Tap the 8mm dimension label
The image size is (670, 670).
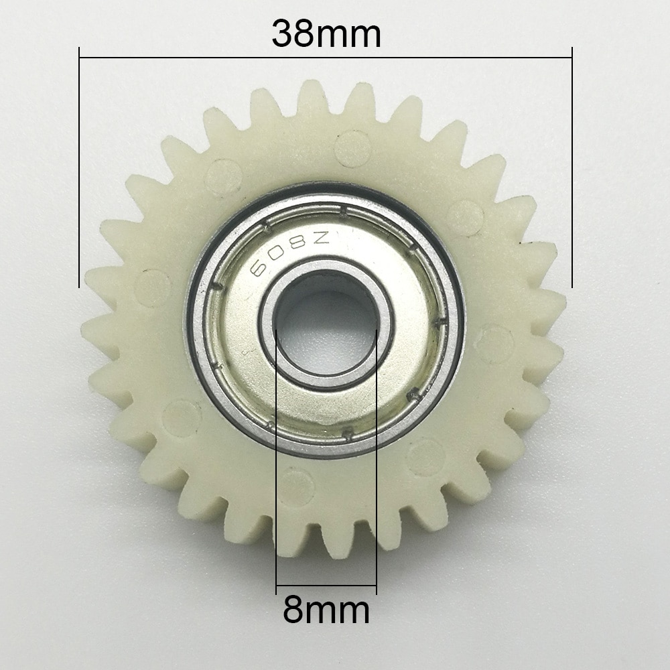[x=326, y=610]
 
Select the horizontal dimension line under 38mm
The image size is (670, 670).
[x=201, y=58]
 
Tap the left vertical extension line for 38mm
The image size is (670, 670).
[x=79, y=167]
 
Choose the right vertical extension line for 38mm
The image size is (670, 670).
[x=572, y=167]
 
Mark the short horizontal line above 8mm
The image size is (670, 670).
[x=326, y=586]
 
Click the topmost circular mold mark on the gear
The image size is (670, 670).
[x=352, y=148]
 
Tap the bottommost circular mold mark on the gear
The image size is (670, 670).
[x=295, y=487]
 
